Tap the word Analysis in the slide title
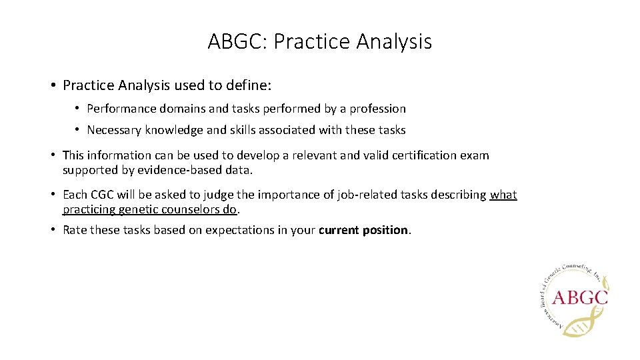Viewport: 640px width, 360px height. (x=394, y=42)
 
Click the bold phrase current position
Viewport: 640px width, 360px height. (x=363, y=230)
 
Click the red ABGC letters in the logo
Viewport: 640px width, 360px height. (x=579, y=296)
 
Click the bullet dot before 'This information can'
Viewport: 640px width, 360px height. (x=52, y=155)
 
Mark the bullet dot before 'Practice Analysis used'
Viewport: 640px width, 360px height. (x=52, y=85)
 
